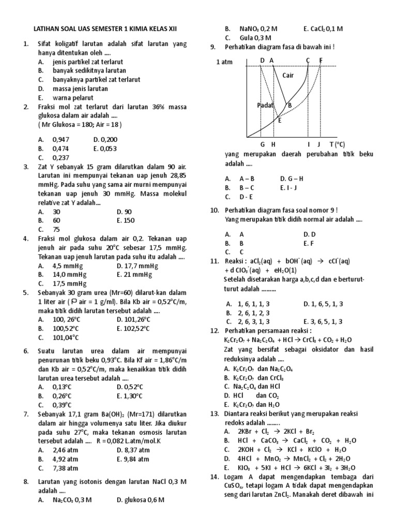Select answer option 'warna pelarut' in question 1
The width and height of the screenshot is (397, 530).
[72, 97]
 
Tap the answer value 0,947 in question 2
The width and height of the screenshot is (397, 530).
[60, 140]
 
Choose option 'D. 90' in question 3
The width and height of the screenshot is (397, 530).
[124, 212]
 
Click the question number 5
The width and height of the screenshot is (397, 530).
[26, 292]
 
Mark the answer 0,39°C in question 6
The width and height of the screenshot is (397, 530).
[62, 405]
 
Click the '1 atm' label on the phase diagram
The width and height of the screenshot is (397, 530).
[225, 62]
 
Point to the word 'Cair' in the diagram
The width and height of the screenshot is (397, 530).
[288, 76]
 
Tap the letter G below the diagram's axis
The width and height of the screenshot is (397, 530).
[262, 144]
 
